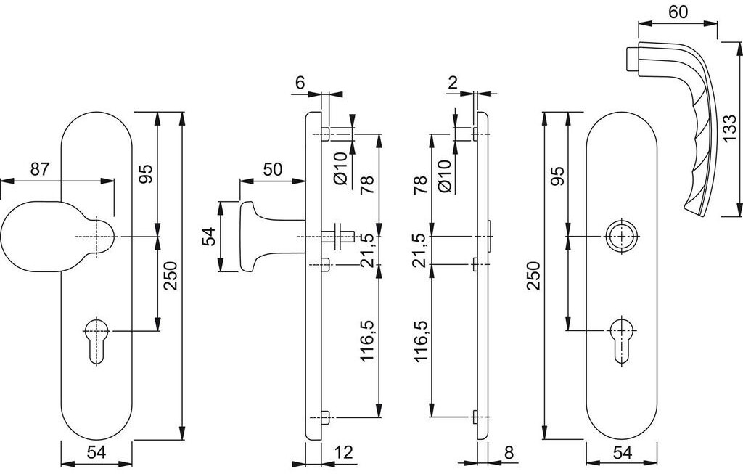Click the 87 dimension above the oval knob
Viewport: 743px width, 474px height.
click(x=39, y=170)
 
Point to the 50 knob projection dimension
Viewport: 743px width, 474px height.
click(x=272, y=170)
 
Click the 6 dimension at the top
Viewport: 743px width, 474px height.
click(x=300, y=83)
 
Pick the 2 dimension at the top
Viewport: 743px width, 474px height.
click(x=452, y=83)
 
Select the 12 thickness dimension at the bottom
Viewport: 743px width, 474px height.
click(x=344, y=453)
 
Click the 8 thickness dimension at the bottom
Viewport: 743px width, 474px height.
click(x=508, y=453)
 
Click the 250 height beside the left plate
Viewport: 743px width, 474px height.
click(x=170, y=276)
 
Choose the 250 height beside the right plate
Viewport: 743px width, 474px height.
click(x=534, y=276)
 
